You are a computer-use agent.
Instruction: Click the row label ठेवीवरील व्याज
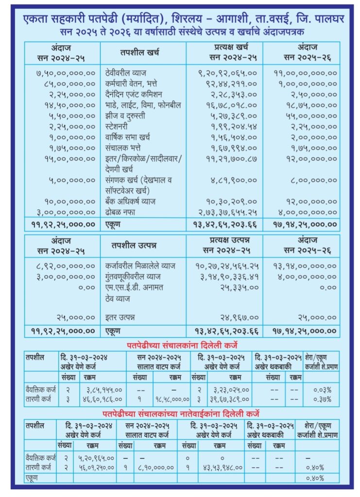[x=126, y=73]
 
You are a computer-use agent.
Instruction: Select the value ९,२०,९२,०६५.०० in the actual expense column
[x=225, y=73]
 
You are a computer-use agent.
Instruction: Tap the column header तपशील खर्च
[x=139, y=52]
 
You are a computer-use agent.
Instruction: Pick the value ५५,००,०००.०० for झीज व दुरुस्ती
[x=304, y=116]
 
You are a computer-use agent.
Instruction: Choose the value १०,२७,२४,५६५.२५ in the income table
[x=226, y=266]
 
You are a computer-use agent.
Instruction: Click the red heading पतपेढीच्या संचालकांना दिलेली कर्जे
[x=183, y=345]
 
